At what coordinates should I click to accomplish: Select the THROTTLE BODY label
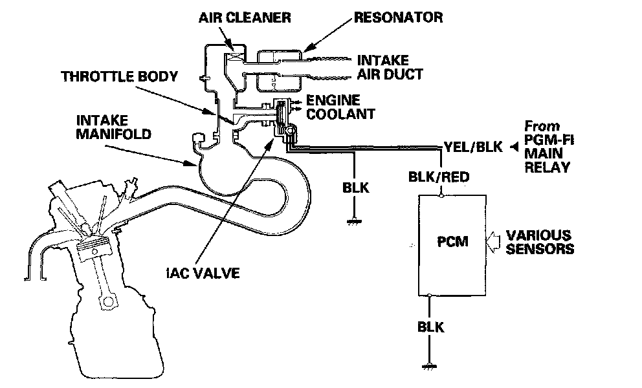click(119, 76)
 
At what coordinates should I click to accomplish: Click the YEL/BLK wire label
click(473, 147)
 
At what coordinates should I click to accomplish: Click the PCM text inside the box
click(452, 242)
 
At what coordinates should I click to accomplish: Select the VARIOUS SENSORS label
click(539, 241)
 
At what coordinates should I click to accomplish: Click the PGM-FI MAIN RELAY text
click(548, 147)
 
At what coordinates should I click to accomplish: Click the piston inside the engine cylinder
click(96, 249)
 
